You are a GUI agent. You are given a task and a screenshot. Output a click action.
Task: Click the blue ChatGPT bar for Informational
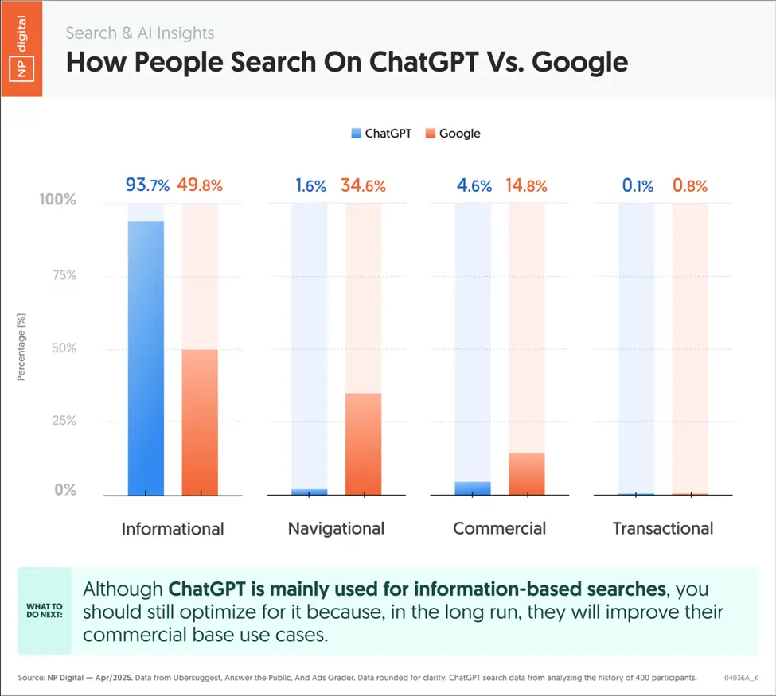[x=146, y=358]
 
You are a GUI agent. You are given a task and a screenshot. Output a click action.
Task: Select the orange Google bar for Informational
[x=200, y=422]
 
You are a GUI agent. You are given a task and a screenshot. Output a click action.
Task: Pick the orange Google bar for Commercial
[x=526, y=474]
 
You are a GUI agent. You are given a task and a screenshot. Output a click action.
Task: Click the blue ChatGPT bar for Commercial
[x=472, y=488]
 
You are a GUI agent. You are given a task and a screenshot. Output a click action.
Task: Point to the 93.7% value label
[x=147, y=185]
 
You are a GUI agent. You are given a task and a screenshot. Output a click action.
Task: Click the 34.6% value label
[x=363, y=186]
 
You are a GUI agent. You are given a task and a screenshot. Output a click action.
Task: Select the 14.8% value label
[x=526, y=186]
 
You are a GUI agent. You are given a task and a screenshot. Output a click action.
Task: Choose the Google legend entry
[x=453, y=134]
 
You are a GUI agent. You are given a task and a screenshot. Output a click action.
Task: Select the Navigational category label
[x=336, y=528]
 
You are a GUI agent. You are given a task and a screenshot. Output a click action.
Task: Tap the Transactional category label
[x=662, y=528]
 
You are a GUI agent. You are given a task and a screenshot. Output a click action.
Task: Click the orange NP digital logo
[x=21, y=47]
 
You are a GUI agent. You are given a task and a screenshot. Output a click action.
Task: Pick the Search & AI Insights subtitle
[x=139, y=33]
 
